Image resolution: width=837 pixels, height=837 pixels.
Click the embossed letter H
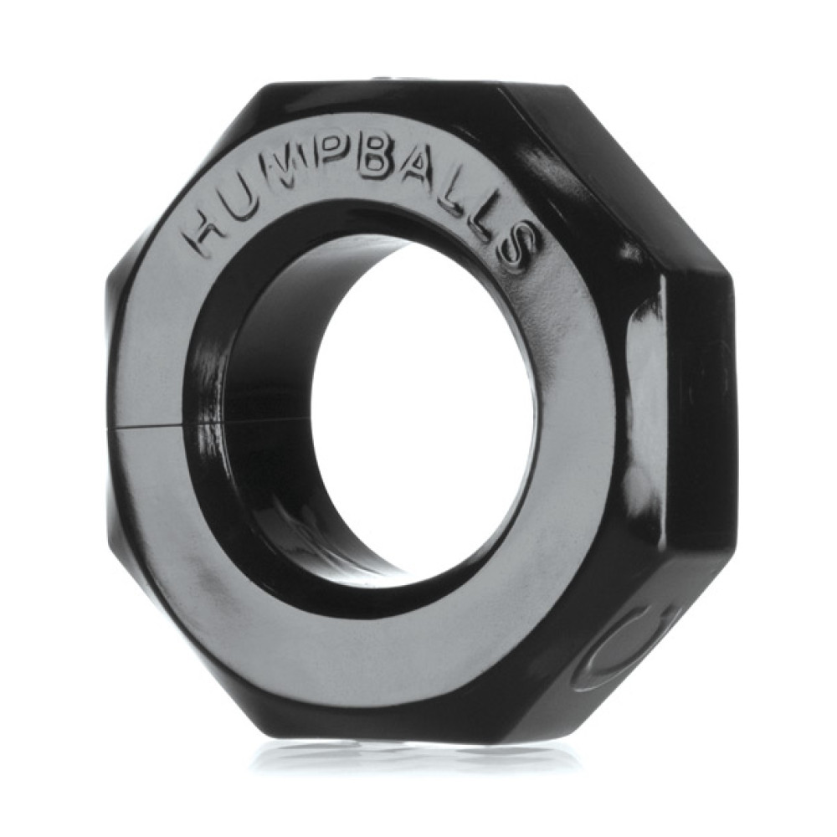tap(203, 232)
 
